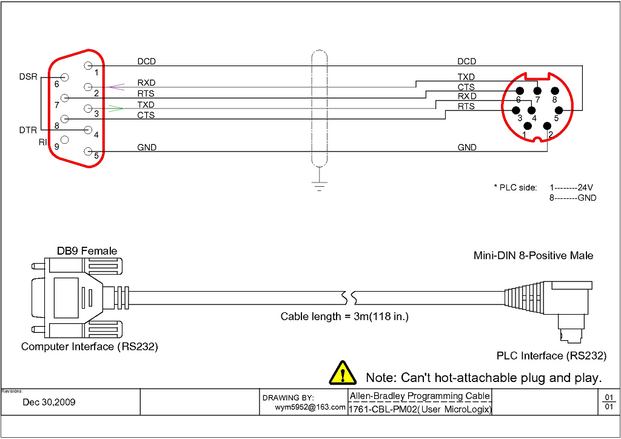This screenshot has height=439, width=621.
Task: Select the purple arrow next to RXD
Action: (116, 87)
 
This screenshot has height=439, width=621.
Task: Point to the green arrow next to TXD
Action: (115, 109)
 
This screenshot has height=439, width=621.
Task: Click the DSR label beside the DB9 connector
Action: (28, 77)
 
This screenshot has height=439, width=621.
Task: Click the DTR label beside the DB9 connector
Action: (28, 130)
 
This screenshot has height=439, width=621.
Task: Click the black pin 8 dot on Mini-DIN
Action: (554, 91)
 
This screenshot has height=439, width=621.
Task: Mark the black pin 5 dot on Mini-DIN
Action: (559, 110)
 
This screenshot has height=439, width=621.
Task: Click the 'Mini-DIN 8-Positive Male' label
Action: (533, 256)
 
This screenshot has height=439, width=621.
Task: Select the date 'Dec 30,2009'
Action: (49, 402)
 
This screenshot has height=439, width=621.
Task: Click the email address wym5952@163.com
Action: (310, 407)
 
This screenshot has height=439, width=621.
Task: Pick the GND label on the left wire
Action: (146, 147)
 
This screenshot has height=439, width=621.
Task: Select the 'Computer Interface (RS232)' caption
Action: (90, 347)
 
